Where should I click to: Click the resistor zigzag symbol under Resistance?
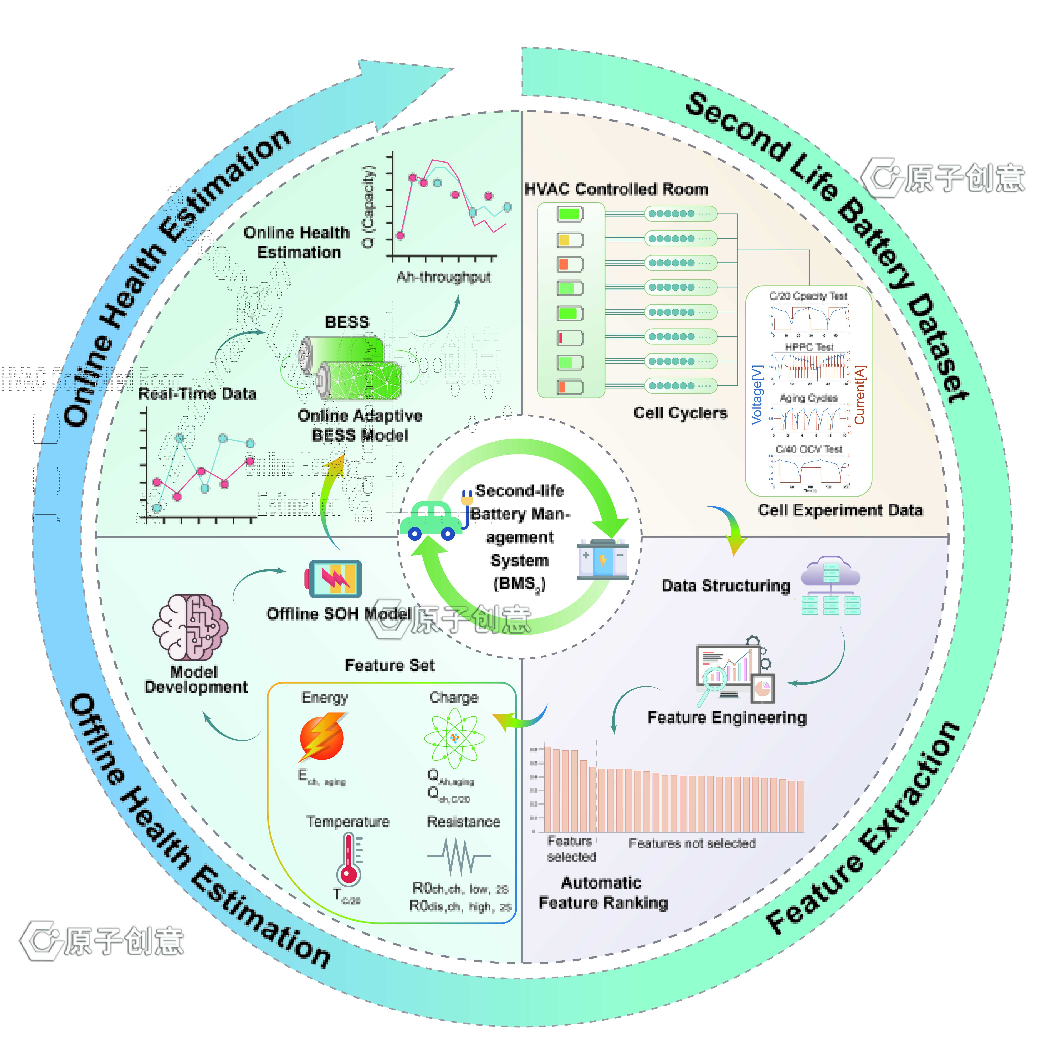(x=459, y=855)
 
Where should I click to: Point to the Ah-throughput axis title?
(x=443, y=277)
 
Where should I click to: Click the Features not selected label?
(x=692, y=843)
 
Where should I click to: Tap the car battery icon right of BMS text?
(x=603, y=559)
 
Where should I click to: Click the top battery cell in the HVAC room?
(x=570, y=214)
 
